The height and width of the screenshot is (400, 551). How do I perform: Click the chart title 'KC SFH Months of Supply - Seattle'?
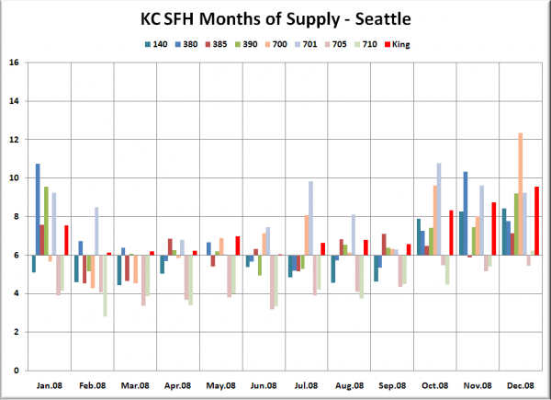[x=275, y=19]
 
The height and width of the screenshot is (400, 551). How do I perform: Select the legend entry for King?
[x=397, y=44]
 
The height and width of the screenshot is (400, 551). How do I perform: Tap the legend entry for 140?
[x=156, y=44]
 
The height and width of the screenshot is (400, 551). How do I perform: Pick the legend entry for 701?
[x=306, y=44]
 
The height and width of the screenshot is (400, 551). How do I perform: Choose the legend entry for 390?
[x=246, y=44]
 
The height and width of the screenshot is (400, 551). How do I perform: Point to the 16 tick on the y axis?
[x=14, y=63]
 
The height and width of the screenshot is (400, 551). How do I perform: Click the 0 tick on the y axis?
[x=17, y=371]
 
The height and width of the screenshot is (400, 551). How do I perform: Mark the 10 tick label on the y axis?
[x=14, y=178]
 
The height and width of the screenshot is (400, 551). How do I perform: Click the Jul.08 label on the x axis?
[x=306, y=385]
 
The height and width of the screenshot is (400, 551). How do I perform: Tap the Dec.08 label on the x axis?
[x=521, y=385]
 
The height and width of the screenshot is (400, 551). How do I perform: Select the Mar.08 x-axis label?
[x=135, y=385]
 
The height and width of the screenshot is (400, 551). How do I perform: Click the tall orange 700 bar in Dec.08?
[x=521, y=194]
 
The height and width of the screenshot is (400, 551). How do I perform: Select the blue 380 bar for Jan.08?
[x=38, y=210]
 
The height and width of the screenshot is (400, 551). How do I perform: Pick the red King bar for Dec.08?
[x=536, y=221]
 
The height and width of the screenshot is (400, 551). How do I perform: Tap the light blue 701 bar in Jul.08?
[x=310, y=218]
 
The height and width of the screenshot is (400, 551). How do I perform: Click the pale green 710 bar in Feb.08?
[x=105, y=286]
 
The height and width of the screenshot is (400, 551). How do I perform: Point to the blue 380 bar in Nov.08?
[x=466, y=213]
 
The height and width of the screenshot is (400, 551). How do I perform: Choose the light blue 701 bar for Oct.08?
[x=439, y=209]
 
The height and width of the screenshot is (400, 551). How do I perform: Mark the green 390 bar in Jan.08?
[x=46, y=221]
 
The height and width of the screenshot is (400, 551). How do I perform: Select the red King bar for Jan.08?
[x=66, y=240]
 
